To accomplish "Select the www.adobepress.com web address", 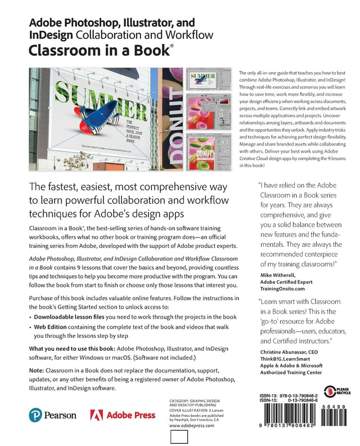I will point(190,426).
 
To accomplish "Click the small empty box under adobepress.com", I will point(178,438).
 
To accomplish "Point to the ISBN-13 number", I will point(290,395).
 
